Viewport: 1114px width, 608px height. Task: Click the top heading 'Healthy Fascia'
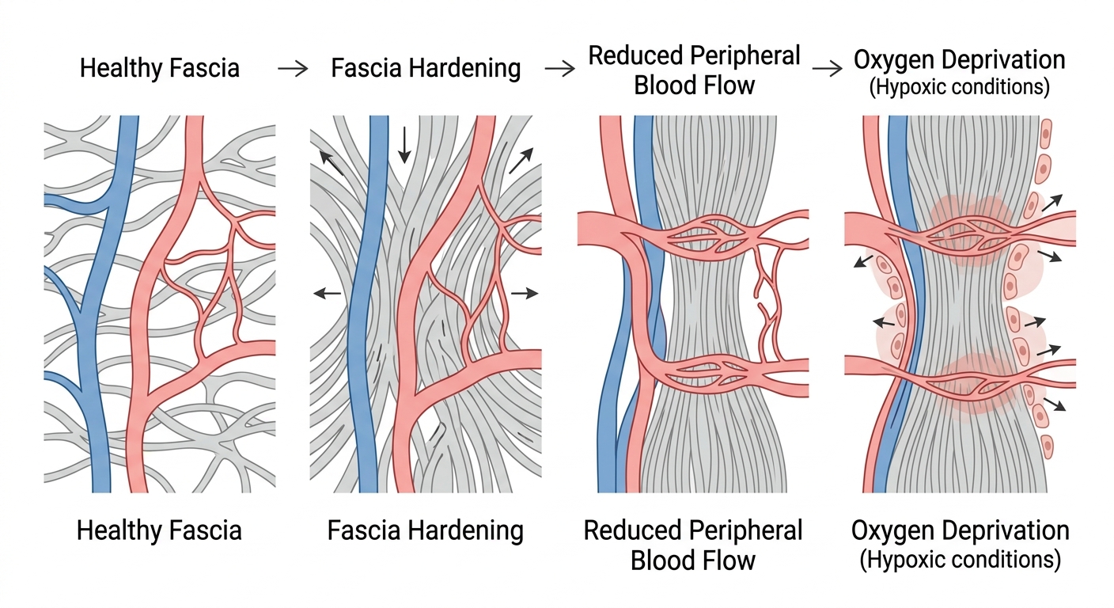click(160, 68)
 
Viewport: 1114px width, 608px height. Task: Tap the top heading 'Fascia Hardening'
click(426, 69)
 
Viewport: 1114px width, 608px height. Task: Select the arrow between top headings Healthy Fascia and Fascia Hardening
click(293, 69)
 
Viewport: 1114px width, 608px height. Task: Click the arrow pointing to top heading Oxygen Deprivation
click(827, 69)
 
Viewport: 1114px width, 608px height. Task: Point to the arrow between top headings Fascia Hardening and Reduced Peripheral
click(559, 69)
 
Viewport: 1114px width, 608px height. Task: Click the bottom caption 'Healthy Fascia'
click(159, 530)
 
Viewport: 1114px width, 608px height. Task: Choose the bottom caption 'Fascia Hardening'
click(425, 531)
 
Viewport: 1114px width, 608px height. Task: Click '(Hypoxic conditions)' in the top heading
click(960, 86)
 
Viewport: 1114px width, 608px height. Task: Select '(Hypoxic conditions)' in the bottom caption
click(960, 559)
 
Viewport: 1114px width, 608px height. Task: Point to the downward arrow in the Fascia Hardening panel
click(404, 145)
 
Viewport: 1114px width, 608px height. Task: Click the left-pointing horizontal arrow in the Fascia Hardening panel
click(328, 293)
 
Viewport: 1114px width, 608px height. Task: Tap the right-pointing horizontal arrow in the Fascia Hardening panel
click(525, 293)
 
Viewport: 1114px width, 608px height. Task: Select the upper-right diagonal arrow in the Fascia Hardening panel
click(521, 161)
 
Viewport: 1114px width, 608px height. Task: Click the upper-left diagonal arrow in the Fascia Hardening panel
click(332, 164)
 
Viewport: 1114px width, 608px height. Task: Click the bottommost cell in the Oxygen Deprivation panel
click(1047, 446)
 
